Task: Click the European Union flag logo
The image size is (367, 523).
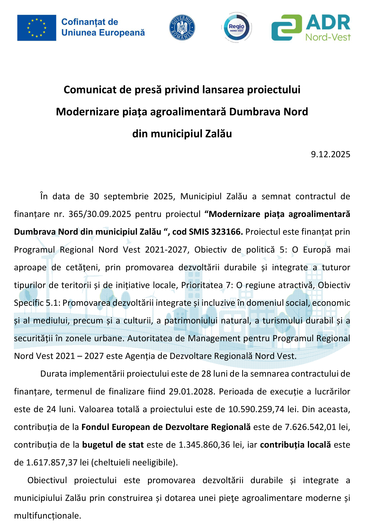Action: coord(37,28)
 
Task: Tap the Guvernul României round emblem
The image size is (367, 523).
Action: coord(182,28)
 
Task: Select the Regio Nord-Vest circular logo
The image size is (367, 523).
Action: coord(236,28)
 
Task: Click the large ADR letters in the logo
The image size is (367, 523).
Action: coord(328,23)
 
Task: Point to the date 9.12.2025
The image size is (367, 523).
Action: coord(330,154)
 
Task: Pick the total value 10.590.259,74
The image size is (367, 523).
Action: coord(256,409)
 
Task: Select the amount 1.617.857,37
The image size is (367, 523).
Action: coord(52,462)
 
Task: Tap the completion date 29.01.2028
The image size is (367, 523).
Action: coord(191,391)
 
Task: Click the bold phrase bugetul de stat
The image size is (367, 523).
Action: coord(113,444)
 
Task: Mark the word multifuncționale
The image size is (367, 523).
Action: coord(47,516)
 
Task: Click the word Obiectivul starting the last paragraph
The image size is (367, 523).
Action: coord(47,480)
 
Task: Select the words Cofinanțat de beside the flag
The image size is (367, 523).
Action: coord(90,22)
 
